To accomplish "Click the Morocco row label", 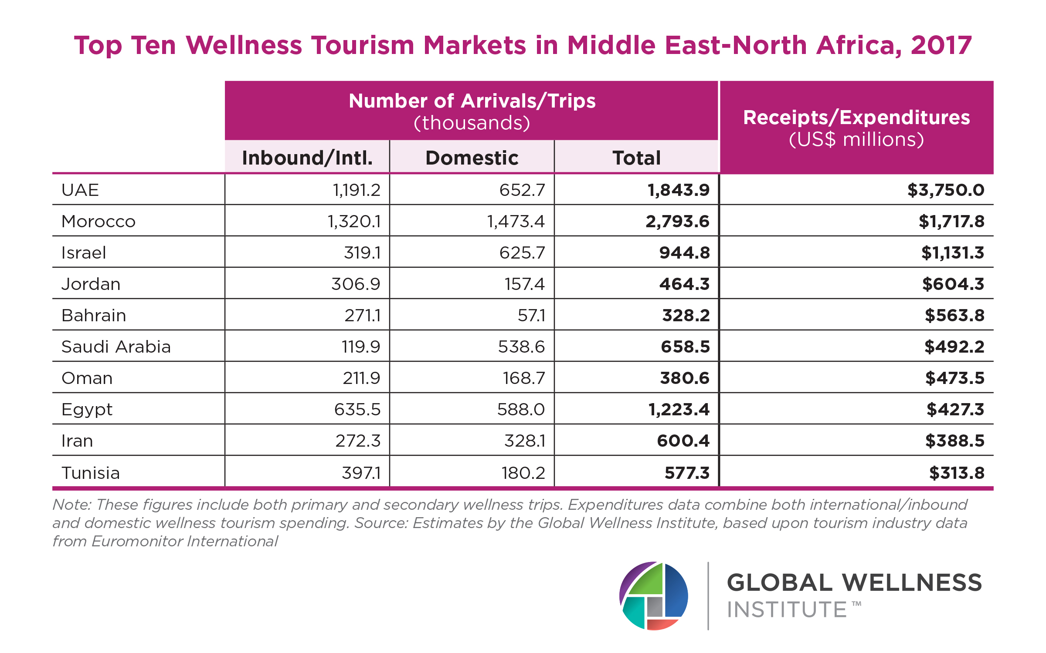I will [x=98, y=222].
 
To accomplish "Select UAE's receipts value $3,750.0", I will [x=946, y=190].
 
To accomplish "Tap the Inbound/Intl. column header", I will [x=307, y=158].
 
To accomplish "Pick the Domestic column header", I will [x=472, y=158].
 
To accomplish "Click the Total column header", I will [x=636, y=158].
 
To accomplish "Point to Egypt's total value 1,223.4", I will [x=679, y=410].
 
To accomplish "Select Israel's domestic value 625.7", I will [x=522, y=253].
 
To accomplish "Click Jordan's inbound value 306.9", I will [x=356, y=284].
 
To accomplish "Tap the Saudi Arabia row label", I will [x=116, y=347].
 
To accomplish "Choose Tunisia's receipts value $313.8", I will [x=957, y=473].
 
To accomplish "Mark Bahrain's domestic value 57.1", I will [x=531, y=316].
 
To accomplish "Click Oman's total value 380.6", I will [x=685, y=378].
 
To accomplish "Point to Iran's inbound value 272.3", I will [x=358, y=441].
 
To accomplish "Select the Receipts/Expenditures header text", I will [x=856, y=118].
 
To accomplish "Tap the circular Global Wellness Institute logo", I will [x=654, y=596].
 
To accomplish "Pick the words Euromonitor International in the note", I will [x=184, y=541].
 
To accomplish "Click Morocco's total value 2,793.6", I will [x=677, y=222].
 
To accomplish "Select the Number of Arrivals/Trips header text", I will [x=472, y=101].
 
